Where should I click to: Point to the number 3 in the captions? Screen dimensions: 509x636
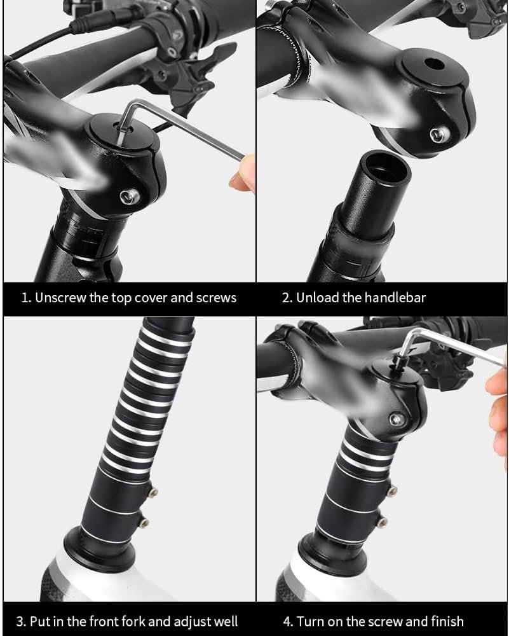coord(21,622)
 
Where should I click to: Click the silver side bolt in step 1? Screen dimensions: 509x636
coord(130,197)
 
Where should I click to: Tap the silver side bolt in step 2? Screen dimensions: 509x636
coord(440,135)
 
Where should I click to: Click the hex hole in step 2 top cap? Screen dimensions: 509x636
coord(433,64)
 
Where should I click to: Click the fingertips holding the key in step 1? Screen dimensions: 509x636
coord(243,174)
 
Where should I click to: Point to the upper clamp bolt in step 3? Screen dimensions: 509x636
coord(153,493)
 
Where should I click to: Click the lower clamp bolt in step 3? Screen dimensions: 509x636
coord(144,523)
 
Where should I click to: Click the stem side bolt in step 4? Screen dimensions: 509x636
coord(397,420)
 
